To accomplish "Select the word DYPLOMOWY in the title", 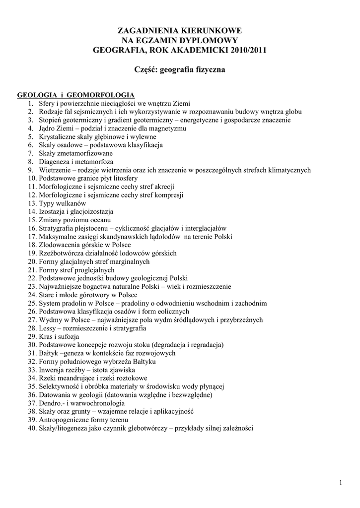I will [205, 40].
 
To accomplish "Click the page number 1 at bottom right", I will [341, 483].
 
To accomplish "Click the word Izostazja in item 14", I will [52, 211].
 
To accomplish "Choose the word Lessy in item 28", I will [48, 328].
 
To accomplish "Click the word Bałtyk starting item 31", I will [49, 353].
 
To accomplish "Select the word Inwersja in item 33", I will [52, 370].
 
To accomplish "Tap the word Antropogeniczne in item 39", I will [64, 420].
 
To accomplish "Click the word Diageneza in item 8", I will [55, 162].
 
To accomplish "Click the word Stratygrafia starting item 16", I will [58, 228].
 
